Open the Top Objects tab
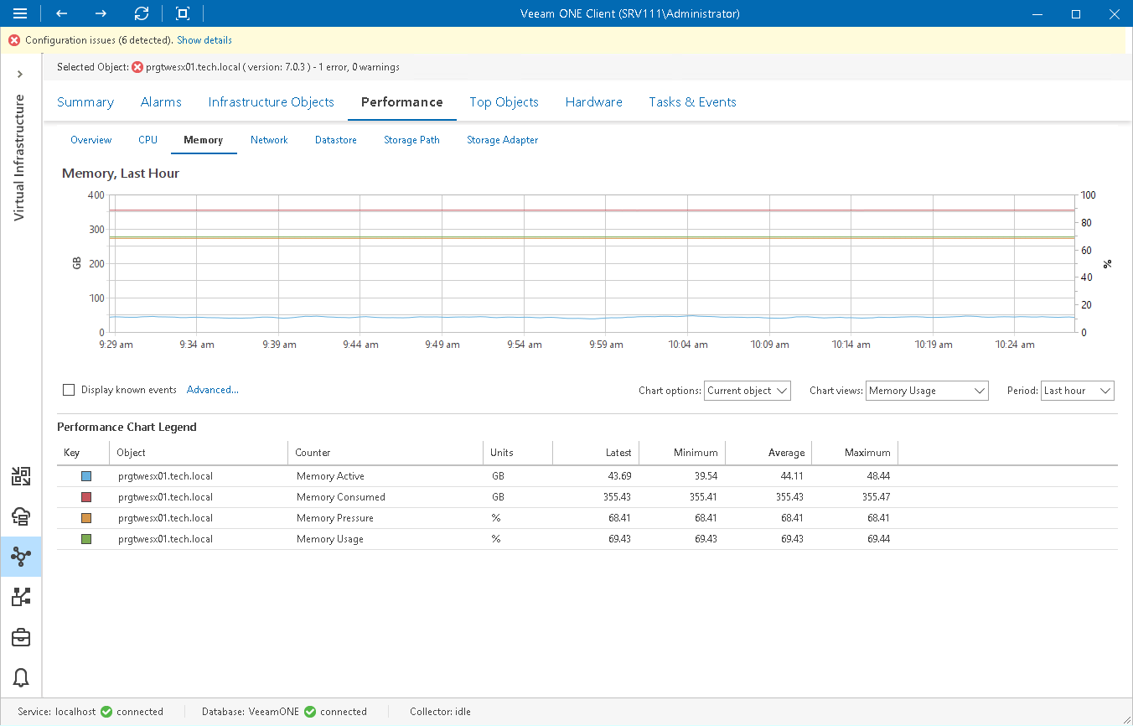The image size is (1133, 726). point(504,102)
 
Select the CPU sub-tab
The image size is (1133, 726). point(147,140)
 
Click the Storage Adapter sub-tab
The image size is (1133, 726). point(502,140)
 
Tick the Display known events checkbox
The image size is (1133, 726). point(69,390)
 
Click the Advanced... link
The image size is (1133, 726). point(213,390)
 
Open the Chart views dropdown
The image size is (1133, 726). point(927,391)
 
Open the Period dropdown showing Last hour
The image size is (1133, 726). point(1077,391)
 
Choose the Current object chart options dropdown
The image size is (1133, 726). point(747,391)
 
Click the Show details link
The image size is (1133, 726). point(204,40)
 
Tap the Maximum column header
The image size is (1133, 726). point(867,453)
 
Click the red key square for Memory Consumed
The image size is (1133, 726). point(86,497)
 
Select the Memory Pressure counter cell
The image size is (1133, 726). point(335,518)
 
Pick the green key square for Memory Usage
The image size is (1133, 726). point(86,539)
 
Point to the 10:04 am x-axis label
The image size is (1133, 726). point(688,345)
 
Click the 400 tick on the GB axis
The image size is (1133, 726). point(96,195)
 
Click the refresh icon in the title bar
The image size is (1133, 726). point(142,13)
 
